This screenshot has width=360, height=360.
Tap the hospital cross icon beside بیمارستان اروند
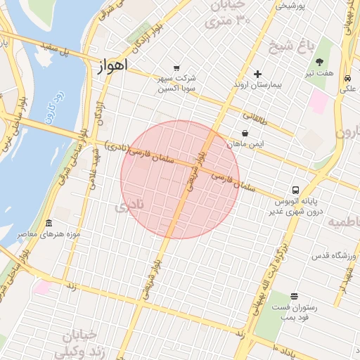coord(257,74)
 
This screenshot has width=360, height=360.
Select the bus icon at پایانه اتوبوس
coord(295,190)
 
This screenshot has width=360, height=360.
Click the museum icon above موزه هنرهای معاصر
coord(49,223)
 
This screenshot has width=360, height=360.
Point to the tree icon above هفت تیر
coord(319,62)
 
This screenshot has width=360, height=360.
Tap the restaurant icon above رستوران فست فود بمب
coord(293,297)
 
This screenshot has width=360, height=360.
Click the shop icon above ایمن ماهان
coord(245,133)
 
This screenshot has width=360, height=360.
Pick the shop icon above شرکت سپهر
coord(176,68)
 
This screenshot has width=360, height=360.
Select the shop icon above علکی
coord(348,79)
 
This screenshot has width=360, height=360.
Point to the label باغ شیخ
coord(289,48)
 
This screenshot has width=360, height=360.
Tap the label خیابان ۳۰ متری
coord(227,13)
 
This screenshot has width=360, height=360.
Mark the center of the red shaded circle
coord(180,179)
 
